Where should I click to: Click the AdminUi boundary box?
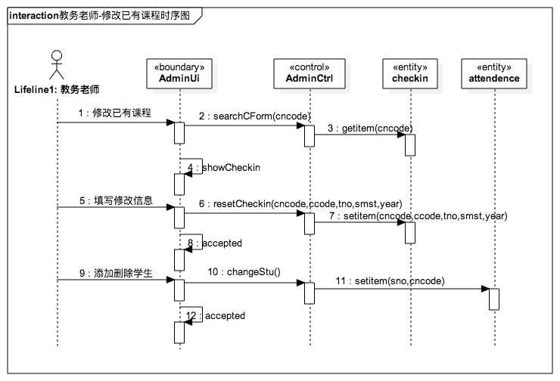coord(179,73)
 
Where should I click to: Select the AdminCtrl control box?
coord(306,73)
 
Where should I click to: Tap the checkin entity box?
coord(409,73)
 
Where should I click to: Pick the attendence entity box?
coord(493,73)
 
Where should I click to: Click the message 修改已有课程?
coord(114,114)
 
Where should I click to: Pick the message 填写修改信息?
coord(115,201)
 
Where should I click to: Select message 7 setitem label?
coord(416,215)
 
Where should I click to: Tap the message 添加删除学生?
coord(115,273)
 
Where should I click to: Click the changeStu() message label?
coord(244,272)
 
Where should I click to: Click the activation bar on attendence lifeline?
coord(493,299)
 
